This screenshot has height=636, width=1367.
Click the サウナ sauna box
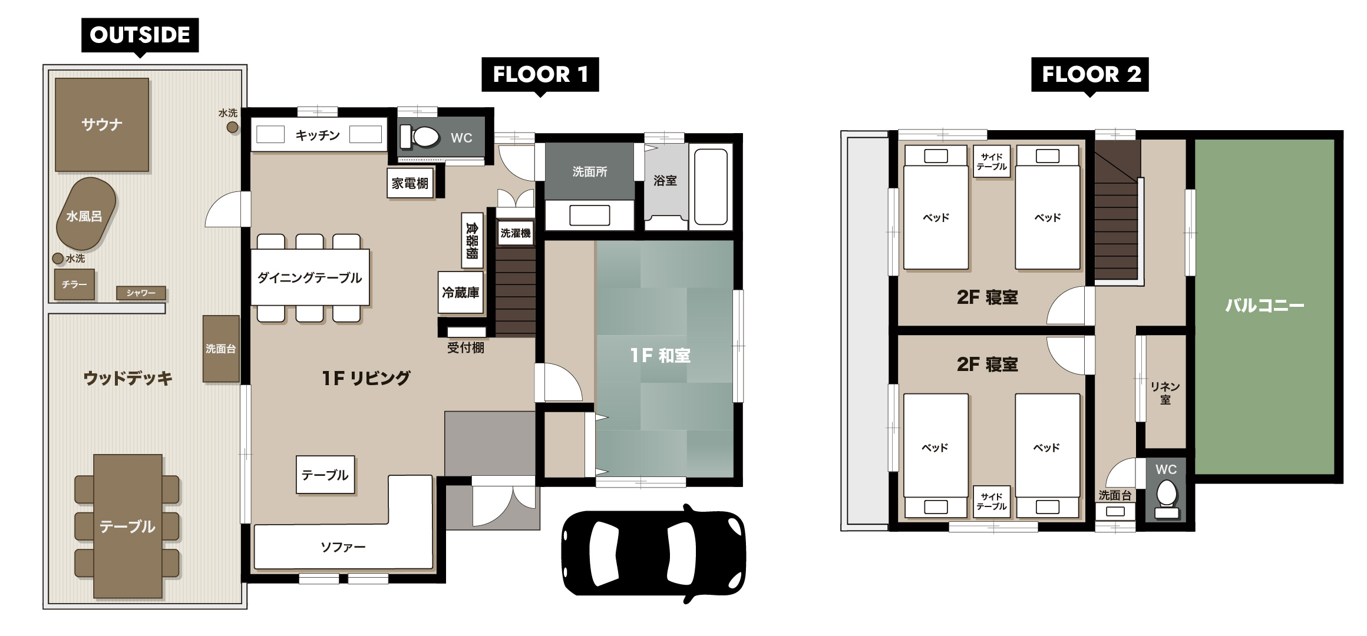point(102,124)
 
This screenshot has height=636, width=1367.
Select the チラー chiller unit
point(74,284)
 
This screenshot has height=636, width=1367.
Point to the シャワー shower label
point(141,293)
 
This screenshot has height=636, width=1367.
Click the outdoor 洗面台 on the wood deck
point(221,349)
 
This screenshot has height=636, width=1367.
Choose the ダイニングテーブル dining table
point(310,277)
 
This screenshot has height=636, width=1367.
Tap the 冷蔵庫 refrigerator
point(460,292)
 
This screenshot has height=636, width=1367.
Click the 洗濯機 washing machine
point(516,233)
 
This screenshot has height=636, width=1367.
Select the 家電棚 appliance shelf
point(410,183)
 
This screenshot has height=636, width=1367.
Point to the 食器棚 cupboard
point(471,240)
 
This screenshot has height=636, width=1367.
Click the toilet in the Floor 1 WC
point(420,137)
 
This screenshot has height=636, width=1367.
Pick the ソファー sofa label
point(343,547)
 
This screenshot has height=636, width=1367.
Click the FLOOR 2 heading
point(1090,75)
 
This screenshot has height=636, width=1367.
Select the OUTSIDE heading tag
point(140,35)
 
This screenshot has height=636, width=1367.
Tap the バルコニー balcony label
point(1264,306)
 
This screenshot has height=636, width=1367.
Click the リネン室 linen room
point(1165,392)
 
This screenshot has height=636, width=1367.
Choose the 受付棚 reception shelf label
point(465,347)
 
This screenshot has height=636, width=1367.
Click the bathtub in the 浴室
point(711,187)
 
